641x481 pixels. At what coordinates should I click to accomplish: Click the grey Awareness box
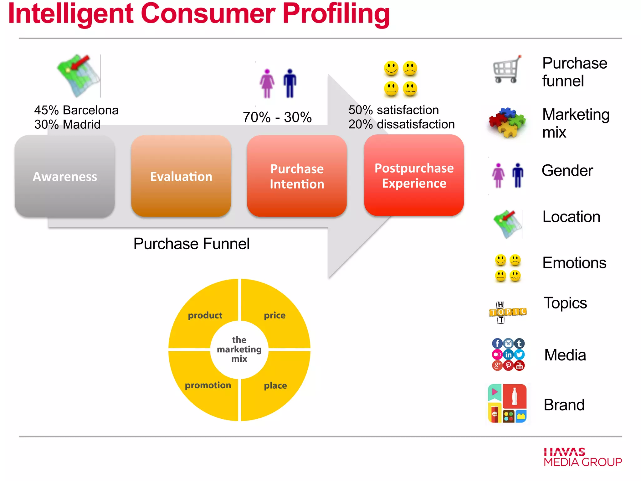(65, 176)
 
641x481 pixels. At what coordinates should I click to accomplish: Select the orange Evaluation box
(181, 176)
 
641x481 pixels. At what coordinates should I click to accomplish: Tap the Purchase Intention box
(297, 176)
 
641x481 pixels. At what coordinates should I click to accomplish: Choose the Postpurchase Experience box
(414, 175)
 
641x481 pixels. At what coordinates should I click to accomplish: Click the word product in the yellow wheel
(205, 315)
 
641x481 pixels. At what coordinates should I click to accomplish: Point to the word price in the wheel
(274, 315)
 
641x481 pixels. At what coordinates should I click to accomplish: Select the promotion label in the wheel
(208, 385)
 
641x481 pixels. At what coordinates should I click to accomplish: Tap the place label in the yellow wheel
(275, 385)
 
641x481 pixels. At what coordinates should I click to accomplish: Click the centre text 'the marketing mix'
(239, 349)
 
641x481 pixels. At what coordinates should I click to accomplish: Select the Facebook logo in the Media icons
(497, 344)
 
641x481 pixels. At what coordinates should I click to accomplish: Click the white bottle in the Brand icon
(514, 396)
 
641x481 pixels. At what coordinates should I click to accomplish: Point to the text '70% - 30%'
(277, 117)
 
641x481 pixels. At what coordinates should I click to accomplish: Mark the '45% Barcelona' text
(76, 110)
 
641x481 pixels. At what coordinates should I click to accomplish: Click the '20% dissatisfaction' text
(401, 124)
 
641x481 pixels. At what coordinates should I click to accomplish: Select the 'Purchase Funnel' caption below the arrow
(191, 244)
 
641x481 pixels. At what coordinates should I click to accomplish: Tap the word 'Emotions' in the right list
(574, 262)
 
